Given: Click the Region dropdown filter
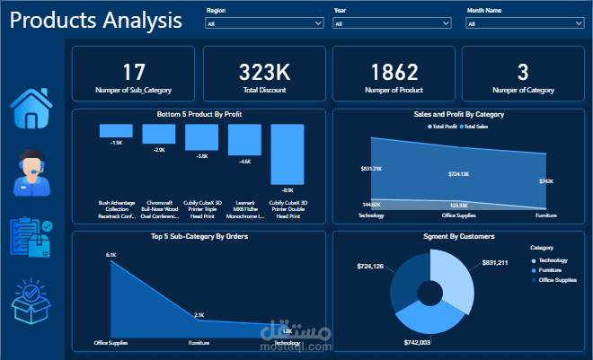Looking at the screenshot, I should click(x=264, y=24).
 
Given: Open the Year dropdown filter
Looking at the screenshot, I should click(x=392, y=24).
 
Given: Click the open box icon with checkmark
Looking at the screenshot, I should click(x=35, y=302).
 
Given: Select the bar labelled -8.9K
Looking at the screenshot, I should click(x=288, y=155).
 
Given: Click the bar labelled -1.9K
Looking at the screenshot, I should click(x=117, y=130).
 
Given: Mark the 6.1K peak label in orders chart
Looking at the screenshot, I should click(x=111, y=255).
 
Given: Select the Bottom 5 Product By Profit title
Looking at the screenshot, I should click(x=199, y=115).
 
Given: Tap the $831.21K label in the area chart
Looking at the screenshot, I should click(x=372, y=169).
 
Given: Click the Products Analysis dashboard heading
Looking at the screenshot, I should click(x=95, y=21).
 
